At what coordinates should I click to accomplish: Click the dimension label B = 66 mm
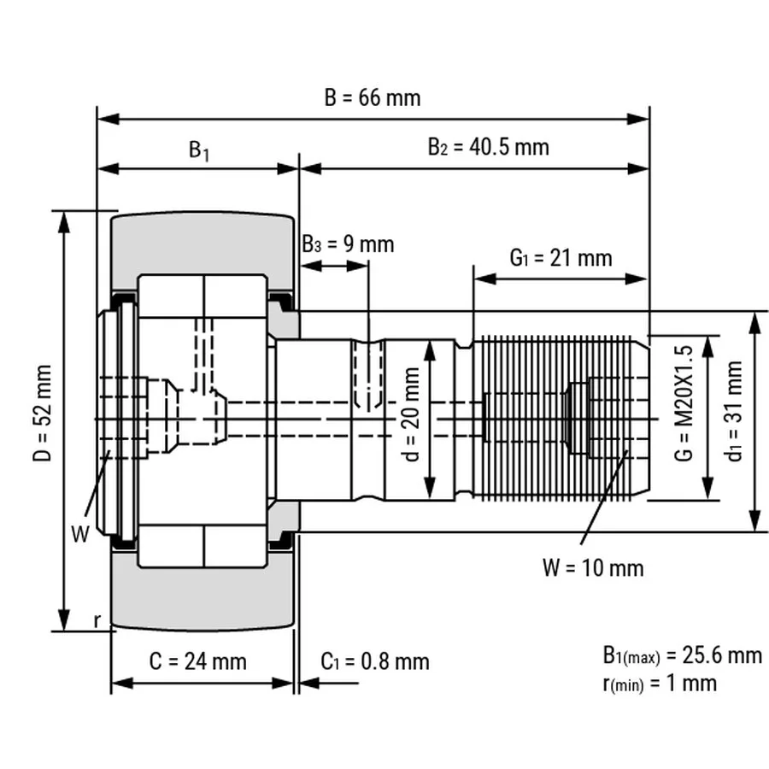[x=373, y=97]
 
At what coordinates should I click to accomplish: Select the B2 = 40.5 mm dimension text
[x=488, y=147]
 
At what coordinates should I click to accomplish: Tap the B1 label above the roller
[x=199, y=151]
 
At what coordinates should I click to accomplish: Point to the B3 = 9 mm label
[x=348, y=244]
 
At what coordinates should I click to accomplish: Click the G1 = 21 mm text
[x=561, y=257]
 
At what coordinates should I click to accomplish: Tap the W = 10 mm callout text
[x=593, y=566]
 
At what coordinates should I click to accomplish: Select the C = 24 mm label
[x=197, y=660]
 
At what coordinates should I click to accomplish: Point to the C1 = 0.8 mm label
[x=375, y=660]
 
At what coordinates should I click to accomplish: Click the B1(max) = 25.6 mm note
[x=681, y=655]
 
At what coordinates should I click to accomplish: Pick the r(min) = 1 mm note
[x=660, y=683]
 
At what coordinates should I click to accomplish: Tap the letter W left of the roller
[x=80, y=535]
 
